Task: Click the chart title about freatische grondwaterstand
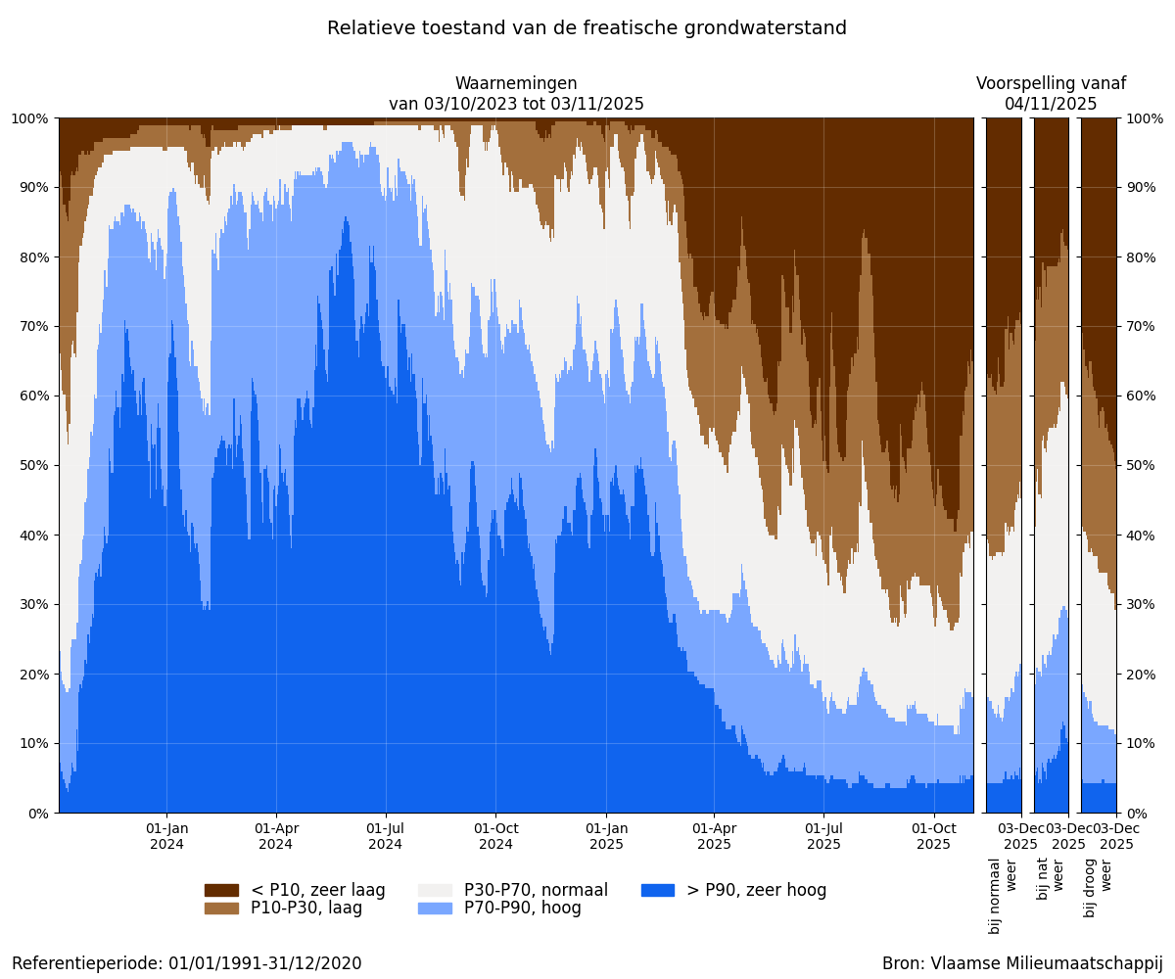587,28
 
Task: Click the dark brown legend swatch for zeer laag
221,890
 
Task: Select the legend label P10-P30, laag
306,909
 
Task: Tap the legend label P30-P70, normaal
536,890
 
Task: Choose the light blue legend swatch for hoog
435,909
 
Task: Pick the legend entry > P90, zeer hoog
756,890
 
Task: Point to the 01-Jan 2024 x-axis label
166,836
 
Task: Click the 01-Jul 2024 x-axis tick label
385,836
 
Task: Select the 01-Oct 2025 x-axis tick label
933,836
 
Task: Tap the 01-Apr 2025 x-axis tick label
714,836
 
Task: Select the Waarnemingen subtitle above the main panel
516,94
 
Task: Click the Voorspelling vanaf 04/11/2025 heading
1051,94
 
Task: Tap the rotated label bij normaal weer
1004,895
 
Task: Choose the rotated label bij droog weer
1099,887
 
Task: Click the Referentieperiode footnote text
187,963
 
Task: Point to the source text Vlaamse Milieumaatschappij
1022,963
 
